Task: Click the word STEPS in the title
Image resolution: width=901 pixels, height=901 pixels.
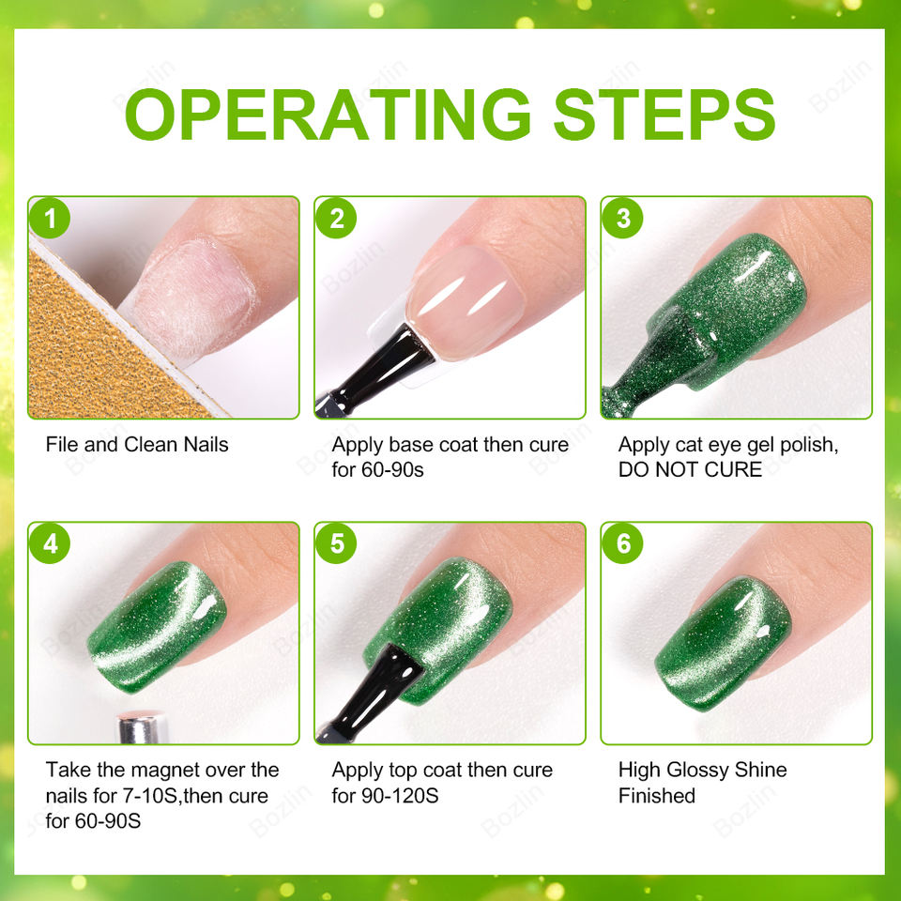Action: (x=664, y=115)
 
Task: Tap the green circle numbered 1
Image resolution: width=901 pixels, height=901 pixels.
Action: (x=50, y=219)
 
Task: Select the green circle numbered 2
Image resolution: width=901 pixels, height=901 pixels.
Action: (x=336, y=219)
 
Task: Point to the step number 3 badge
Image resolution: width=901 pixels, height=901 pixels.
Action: (x=623, y=219)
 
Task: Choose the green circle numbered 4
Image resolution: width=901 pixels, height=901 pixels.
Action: (x=50, y=543)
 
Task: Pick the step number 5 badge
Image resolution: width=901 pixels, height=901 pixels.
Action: (x=336, y=543)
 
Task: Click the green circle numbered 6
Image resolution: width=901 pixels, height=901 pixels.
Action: (x=623, y=543)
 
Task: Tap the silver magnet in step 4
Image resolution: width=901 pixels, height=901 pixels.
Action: (x=142, y=727)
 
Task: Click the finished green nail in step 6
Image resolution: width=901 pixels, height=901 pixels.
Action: (x=724, y=644)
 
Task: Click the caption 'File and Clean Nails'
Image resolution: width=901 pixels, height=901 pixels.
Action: (x=137, y=444)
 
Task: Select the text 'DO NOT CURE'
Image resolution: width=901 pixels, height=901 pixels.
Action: (x=690, y=469)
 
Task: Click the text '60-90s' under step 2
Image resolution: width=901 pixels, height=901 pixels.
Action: (x=392, y=470)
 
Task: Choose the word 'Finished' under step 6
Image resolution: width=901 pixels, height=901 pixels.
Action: (x=657, y=796)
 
